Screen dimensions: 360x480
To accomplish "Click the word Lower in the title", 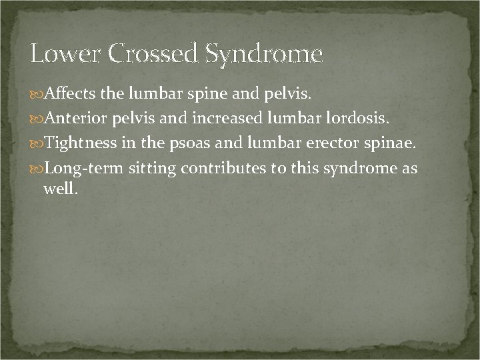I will pos(63,53).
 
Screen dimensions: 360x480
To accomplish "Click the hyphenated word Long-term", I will pos(83,169).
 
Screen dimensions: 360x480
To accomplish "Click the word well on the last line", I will pos(60,189).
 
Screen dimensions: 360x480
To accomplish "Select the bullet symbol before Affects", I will pos(37,95).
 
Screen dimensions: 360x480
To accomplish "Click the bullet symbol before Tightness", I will pos(37,144).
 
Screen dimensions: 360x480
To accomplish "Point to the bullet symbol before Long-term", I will pos(37,169).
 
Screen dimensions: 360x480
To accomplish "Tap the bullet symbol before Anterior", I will pos(37,119).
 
